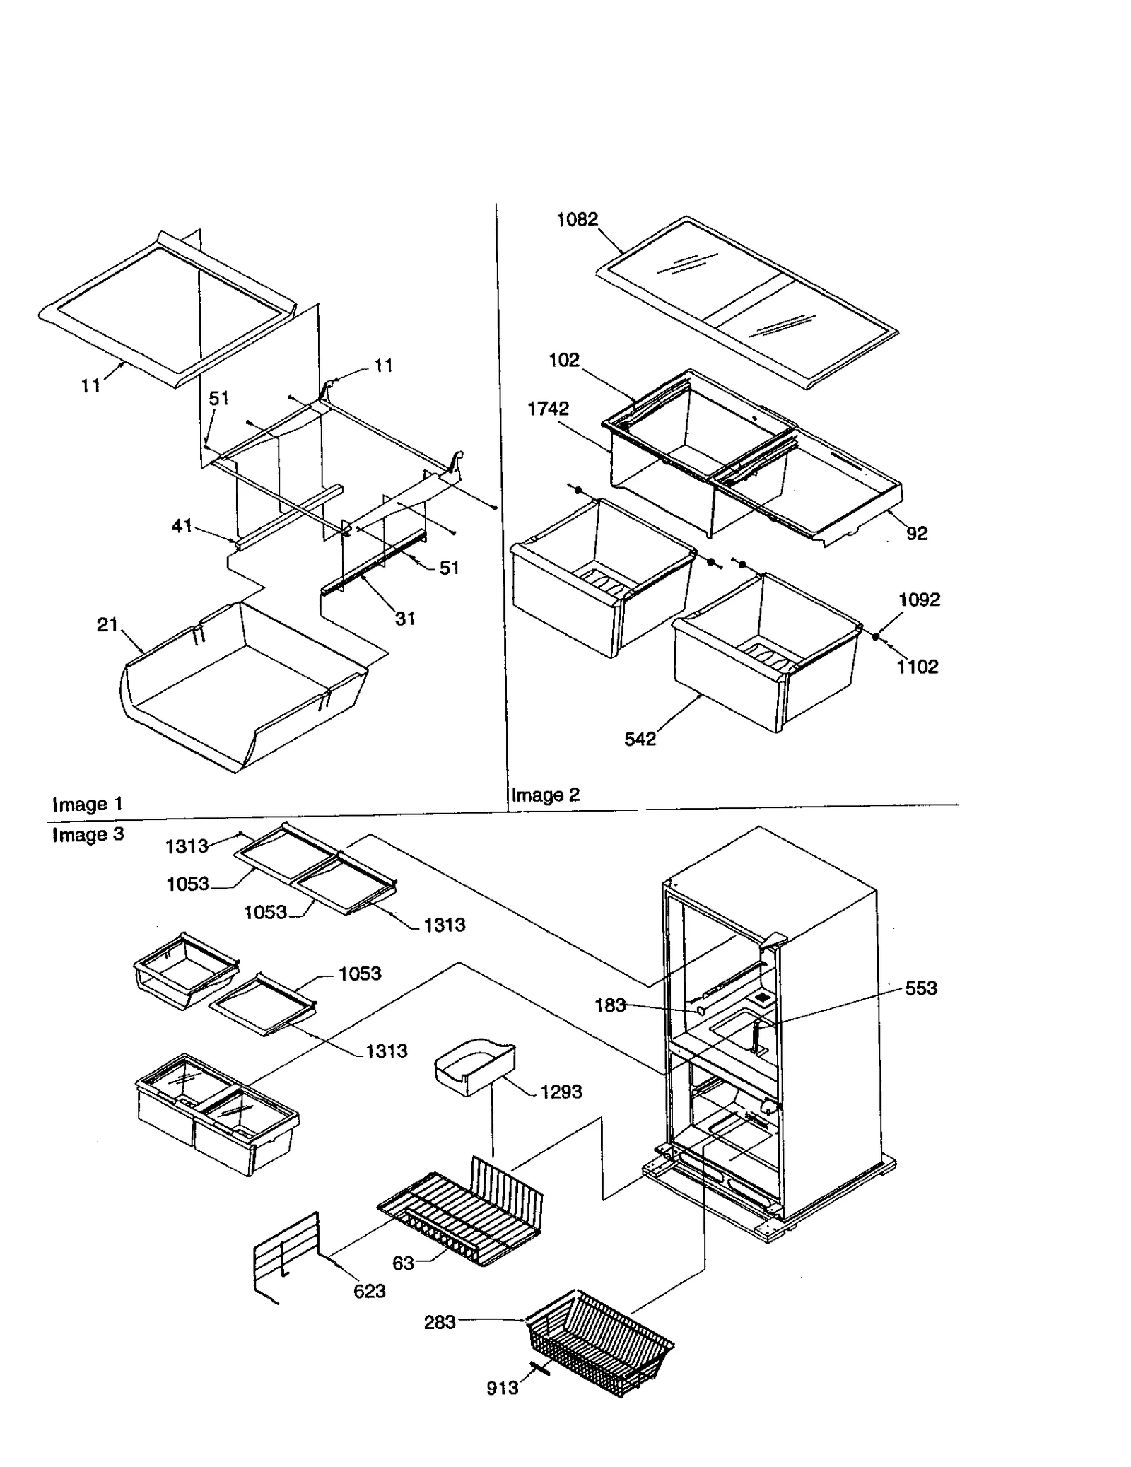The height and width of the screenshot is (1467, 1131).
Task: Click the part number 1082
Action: pos(577,220)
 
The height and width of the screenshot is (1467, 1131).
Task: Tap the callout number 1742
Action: pos(548,409)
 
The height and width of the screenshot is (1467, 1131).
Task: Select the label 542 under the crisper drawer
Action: pos(640,739)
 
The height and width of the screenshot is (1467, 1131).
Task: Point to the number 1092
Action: pos(919,600)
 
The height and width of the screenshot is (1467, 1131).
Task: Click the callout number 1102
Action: pos(918,666)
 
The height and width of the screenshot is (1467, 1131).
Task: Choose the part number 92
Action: pos(916,533)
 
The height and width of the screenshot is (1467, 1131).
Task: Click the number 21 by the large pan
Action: pos(107,624)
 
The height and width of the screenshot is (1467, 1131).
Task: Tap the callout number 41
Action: pos(182,525)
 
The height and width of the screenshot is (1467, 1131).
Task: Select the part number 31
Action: pos(404,619)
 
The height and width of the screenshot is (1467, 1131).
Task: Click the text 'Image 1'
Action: pos(88,804)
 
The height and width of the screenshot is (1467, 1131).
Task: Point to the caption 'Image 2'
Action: pos(545,795)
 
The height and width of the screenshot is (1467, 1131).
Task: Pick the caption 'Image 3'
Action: pos(88,834)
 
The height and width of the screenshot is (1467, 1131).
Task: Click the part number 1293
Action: pos(561,1092)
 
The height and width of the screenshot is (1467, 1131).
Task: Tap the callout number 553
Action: pos(920,988)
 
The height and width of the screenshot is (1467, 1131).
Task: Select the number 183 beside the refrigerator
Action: pos(610,1005)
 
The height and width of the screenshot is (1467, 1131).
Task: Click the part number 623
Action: pos(369,1291)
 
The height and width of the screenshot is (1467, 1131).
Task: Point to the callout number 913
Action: pos(502,1388)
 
